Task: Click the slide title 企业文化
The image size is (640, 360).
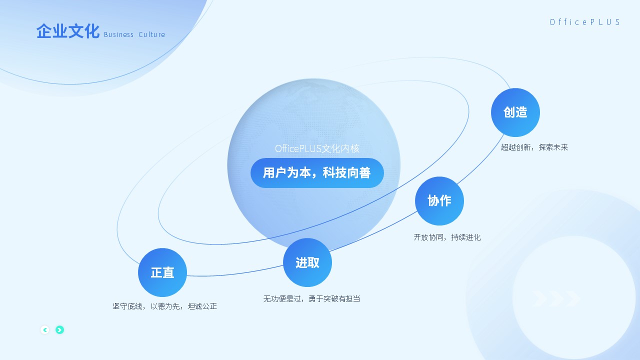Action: coord(67,31)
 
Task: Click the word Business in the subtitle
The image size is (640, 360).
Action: coord(118,34)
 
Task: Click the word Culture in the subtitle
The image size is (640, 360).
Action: coord(151,34)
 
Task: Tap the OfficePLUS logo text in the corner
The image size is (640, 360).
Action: coord(584,22)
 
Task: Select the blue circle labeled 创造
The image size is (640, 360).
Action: coord(515,112)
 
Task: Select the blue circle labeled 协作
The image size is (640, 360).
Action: coord(439,201)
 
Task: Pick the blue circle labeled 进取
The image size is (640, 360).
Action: coord(307,262)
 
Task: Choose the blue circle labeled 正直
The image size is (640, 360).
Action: coord(162,272)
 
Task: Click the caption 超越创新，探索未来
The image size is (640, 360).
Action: coord(534,147)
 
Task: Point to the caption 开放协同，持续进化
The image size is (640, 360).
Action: coord(447,237)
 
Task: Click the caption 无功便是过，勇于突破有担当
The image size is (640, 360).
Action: coord(311,298)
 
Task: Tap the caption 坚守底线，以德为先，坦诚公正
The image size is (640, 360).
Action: coord(165,306)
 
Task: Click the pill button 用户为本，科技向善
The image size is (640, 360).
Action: coord(317,173)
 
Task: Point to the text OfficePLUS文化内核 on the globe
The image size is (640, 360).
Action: coord(317,148)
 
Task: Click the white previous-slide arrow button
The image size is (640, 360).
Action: coord(45,330)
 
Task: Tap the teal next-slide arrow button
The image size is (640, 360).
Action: coord(59,330)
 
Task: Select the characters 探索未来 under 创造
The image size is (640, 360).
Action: coord(553,147)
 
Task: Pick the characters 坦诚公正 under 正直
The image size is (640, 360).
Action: coord(202,306)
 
